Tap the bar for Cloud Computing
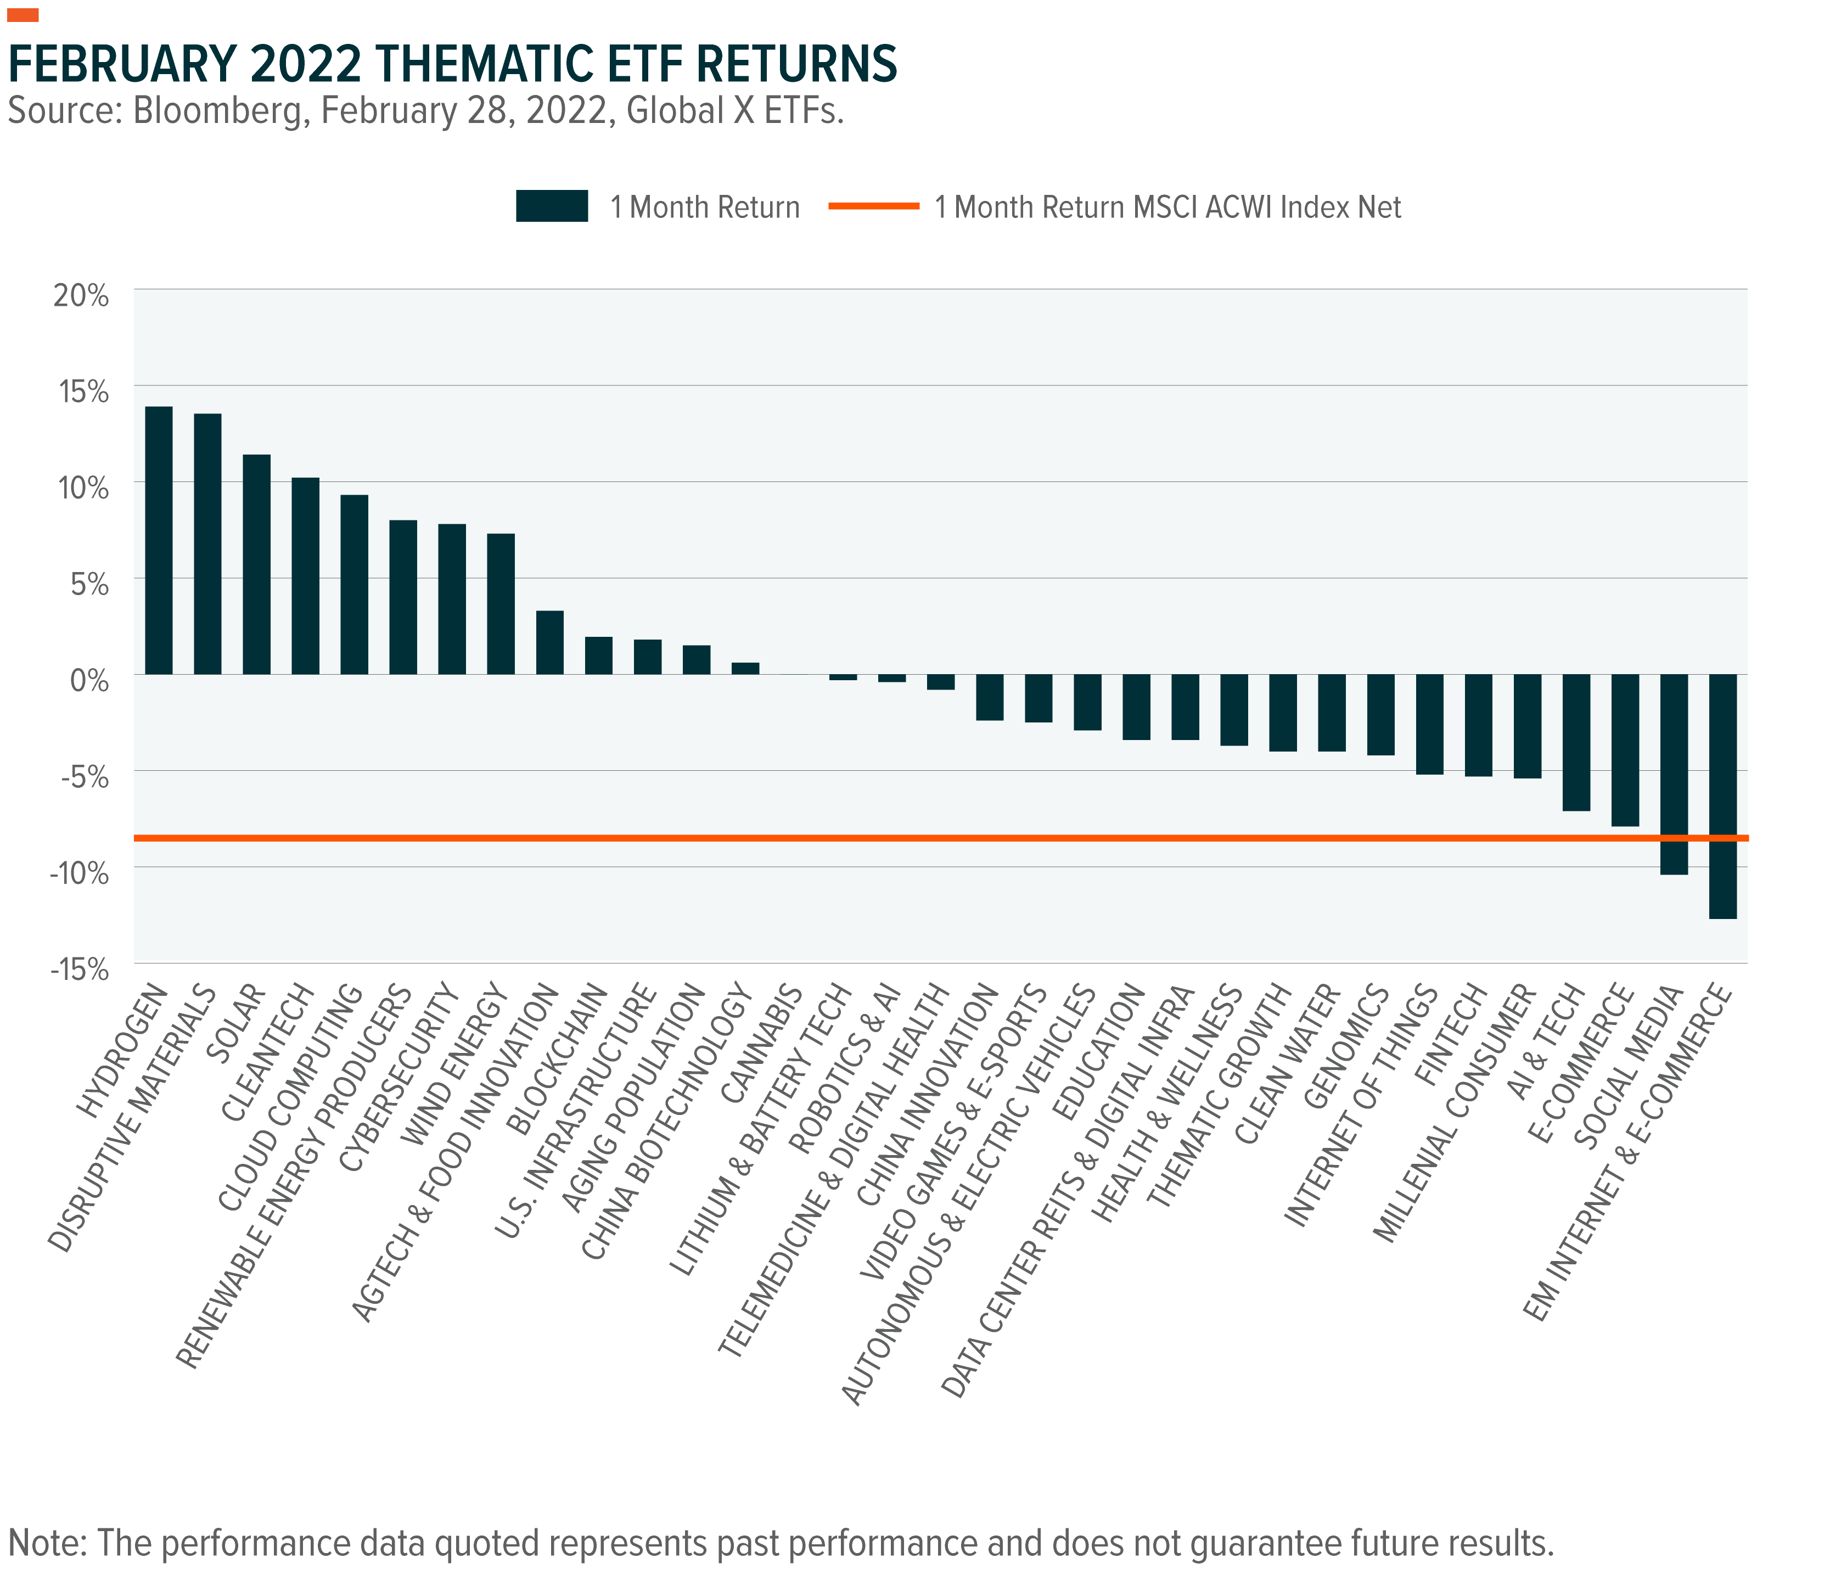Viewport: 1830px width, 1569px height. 354,584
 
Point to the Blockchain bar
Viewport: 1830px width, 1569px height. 599,655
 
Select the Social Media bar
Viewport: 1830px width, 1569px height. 1675,774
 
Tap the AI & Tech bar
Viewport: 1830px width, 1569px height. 1576,742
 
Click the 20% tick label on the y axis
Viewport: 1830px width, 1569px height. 81,295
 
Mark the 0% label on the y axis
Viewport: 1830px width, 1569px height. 89,680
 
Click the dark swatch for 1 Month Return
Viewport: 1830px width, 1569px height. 552,206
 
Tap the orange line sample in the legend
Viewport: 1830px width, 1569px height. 873,206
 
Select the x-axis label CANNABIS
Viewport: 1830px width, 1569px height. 761,1044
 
